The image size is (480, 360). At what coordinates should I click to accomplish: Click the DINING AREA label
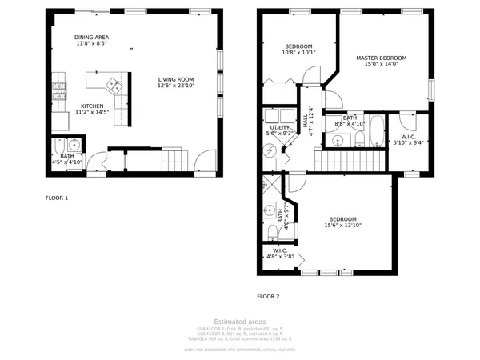[92, 38]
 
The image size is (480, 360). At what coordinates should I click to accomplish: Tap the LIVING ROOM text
[176, 79]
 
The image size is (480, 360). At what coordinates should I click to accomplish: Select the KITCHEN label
[91, 106]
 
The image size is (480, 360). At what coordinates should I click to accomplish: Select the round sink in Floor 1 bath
[73, 145]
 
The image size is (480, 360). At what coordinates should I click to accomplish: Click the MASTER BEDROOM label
[382, 58]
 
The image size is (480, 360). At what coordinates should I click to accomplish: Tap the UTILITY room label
[279, 127]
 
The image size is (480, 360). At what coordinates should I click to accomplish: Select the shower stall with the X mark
[269, 184]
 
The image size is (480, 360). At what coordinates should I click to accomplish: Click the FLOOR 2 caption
[268, 296]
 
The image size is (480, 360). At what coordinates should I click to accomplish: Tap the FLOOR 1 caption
[56, 198]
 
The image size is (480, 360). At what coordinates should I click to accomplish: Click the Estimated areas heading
[239, 322]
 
